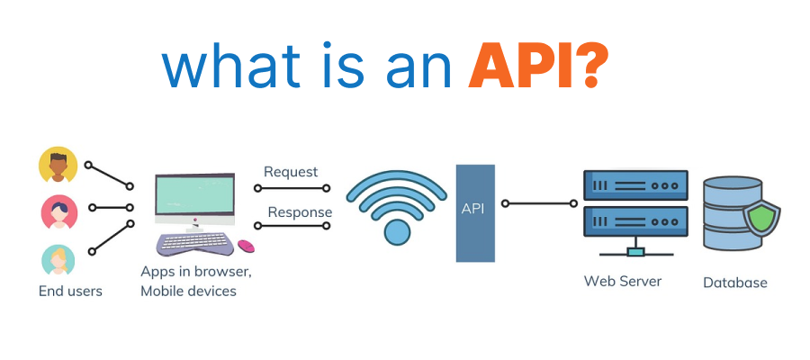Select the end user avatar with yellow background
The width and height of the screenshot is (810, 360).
(58, 166)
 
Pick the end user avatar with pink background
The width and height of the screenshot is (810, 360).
(58, 212)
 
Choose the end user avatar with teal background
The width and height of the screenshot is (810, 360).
(58, 259)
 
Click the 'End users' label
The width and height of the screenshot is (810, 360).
(70, 291)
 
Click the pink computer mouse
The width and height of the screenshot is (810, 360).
(246, 245)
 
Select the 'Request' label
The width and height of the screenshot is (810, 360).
(290, 172)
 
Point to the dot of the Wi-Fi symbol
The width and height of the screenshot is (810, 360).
(396, 232)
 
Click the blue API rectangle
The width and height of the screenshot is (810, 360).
(475, 212)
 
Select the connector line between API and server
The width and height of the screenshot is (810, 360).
(540, 203)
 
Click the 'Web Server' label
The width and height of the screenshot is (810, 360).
(622, 281)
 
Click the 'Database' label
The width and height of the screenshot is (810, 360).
(734, 283)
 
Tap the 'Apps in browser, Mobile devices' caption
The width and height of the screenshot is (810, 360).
(195, 281)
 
